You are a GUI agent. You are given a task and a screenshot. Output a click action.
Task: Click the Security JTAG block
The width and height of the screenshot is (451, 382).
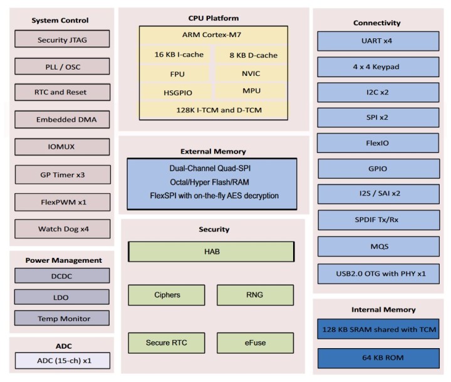[61, 40]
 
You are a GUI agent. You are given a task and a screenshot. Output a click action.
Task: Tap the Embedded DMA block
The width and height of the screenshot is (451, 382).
[61, 119]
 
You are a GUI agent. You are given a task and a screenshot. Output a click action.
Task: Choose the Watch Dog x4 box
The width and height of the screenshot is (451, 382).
[61, 229]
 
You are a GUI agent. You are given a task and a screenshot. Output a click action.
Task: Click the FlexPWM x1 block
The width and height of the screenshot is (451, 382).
[61, 203]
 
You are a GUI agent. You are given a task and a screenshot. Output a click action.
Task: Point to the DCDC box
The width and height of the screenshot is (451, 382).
[61, 275]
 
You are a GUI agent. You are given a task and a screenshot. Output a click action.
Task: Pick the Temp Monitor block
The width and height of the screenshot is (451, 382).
[61, 318]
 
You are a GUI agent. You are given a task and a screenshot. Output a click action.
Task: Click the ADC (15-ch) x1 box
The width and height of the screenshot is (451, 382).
[61, 360]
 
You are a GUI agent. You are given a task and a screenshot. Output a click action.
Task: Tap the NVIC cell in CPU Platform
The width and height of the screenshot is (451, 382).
[251, 73]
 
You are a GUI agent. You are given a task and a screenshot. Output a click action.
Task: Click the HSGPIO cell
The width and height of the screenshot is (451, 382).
[177, 92]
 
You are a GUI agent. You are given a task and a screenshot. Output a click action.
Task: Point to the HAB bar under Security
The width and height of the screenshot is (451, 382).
[211, 251]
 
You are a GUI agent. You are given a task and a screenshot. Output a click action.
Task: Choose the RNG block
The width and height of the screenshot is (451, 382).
[255, 295]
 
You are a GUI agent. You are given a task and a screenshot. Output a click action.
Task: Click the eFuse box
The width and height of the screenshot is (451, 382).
[255, 342]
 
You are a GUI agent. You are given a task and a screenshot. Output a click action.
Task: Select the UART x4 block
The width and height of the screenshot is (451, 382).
[378, 41]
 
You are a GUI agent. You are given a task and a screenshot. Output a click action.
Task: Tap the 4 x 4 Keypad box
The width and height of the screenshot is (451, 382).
[378, 66]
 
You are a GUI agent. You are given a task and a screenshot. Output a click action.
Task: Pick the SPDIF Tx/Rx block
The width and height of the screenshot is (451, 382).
[378, 220]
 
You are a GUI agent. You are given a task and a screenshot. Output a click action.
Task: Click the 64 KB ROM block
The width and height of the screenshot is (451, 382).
[378, 358]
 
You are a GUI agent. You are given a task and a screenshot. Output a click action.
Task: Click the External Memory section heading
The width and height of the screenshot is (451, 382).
[213, 151]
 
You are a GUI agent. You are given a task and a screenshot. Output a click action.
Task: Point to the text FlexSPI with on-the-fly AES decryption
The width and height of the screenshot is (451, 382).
[212, 196]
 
